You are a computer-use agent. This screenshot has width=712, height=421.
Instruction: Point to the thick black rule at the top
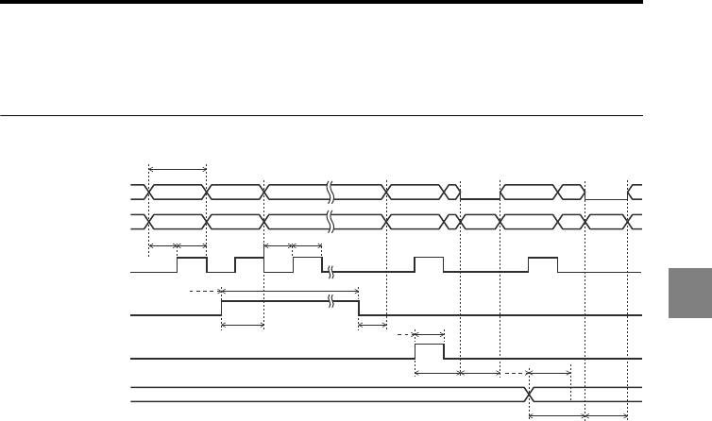321,3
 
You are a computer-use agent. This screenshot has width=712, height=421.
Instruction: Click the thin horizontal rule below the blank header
321,117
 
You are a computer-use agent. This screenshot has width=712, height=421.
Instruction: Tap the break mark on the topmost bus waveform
330,193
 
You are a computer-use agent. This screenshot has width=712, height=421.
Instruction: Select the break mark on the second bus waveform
330,223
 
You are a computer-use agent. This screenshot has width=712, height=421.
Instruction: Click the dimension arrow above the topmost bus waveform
178,169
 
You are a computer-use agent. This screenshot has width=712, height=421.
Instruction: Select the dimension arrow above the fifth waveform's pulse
430,333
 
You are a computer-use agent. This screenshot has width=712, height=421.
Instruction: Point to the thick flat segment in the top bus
480,199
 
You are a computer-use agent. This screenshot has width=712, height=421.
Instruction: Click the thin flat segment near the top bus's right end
606,199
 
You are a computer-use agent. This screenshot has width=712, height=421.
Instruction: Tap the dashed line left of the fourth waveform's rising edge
204,292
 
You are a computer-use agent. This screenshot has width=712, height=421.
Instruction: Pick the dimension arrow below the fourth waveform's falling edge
373,327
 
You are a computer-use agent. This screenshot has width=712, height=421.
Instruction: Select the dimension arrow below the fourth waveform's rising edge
242,327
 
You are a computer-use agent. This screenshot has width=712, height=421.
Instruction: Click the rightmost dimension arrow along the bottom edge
607,415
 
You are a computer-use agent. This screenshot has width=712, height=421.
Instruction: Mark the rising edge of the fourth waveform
221,308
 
